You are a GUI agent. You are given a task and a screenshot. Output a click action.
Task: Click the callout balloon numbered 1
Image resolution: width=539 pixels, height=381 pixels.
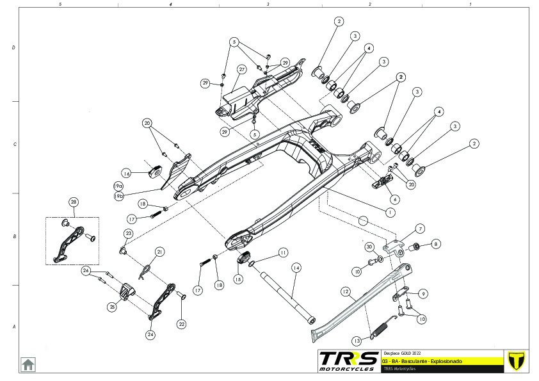[390, 211]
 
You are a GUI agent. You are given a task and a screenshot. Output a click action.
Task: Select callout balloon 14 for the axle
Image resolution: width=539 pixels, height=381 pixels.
[296, 268]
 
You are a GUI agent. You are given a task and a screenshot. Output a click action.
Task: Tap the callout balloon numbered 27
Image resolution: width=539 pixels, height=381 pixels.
[242, 69]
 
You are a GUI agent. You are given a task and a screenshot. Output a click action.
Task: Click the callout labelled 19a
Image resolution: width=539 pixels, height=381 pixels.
[118, 186]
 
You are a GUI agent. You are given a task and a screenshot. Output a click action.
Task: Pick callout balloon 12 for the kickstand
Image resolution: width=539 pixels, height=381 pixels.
[345, 291]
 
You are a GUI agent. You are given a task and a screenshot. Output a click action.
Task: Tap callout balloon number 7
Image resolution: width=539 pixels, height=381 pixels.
[421, 229]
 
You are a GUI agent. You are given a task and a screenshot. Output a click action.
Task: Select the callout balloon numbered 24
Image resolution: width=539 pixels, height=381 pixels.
[150, 334]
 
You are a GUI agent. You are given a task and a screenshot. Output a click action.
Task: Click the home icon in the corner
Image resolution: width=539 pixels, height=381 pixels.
[28, 364]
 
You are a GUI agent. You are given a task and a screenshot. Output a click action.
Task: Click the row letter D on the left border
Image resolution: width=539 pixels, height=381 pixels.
[13, 48]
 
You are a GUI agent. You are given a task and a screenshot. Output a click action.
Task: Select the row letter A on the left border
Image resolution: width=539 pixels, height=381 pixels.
[13, 327]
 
